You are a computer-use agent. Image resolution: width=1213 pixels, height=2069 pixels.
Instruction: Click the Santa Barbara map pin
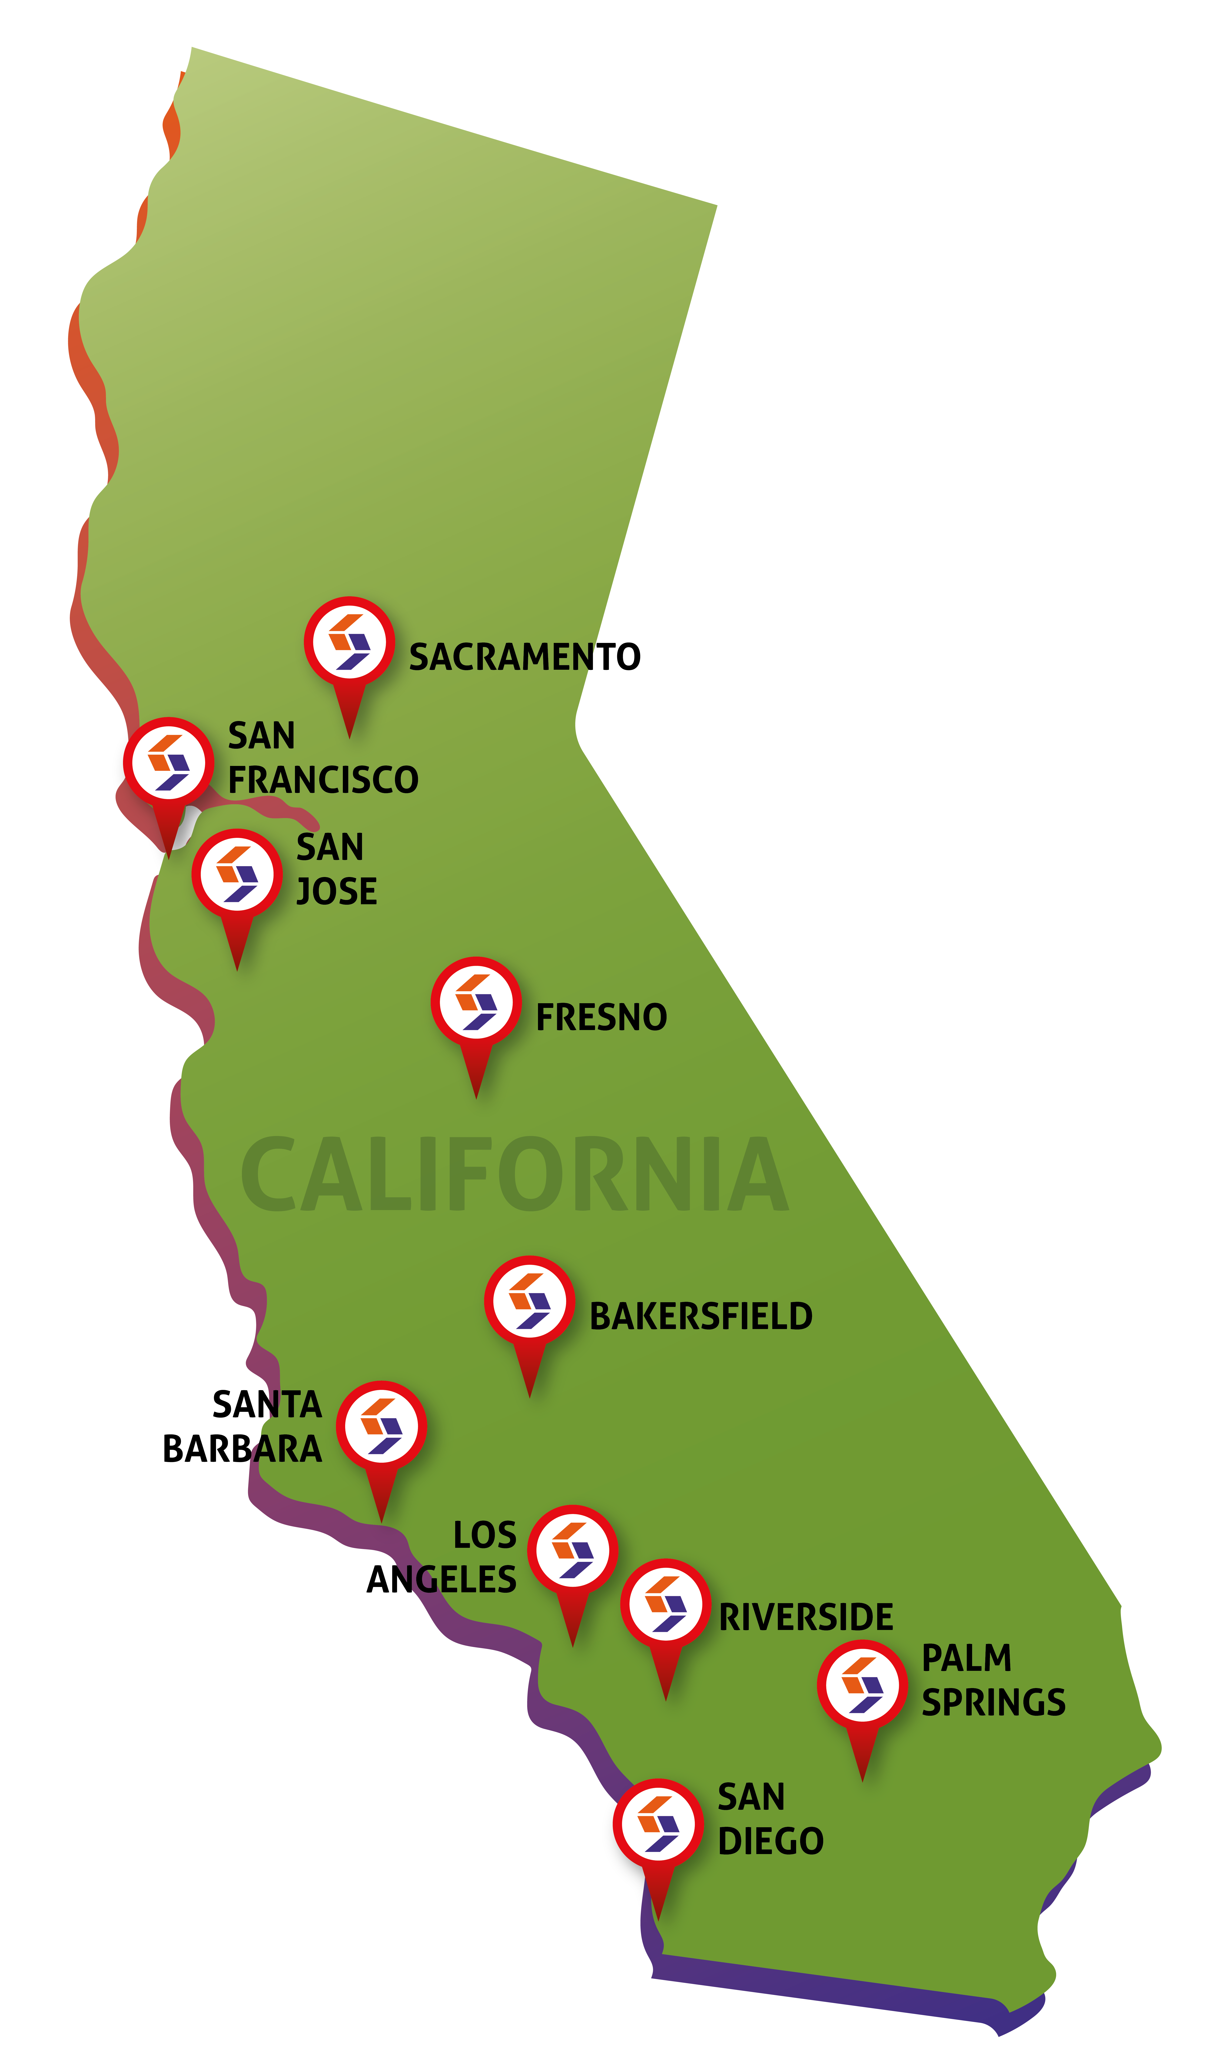pyautogui.click(x=381, y=1426)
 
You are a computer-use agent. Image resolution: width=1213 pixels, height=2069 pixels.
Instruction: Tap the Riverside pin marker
pyautogui.click(x=665, y=1604)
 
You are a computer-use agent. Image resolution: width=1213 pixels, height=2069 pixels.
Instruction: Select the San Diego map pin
pyautogui.click(x=658, y=1823)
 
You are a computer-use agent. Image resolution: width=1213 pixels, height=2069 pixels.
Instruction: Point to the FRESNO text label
pyautogui.click(x=601, y=1018)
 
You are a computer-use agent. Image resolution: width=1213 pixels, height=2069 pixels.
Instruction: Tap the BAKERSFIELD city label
pyautogui.click(x=701, y=1317)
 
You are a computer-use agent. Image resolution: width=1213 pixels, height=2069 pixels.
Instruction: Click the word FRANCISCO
pyautogui.click(x=323, y=780)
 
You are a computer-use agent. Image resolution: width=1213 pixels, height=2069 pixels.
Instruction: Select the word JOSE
pyautogui.click(x=337, y=892)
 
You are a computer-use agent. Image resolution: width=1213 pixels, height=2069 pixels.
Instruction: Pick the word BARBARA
pyautogui.click(x=242, y=1449)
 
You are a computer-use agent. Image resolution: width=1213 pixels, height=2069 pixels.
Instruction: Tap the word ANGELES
pyautogui.click(x=441, y=1580)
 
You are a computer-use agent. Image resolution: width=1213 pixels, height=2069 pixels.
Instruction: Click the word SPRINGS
pyautogui.click(x=993, y=1703)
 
